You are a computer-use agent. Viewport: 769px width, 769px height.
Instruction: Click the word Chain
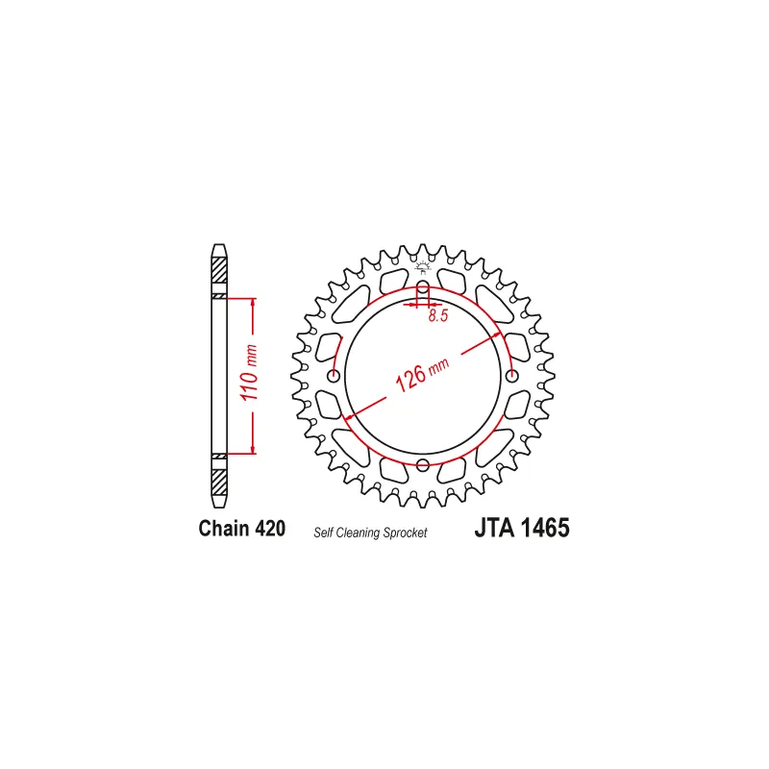224,528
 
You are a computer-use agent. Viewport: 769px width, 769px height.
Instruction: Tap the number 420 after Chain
270,528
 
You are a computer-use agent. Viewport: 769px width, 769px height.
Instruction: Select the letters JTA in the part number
494,528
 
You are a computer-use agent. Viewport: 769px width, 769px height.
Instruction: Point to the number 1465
545,528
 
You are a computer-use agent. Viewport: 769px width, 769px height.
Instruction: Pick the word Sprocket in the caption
406,533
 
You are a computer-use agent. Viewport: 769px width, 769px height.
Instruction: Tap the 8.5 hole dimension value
438,316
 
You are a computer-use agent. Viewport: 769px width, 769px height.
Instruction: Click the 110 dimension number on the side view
249,385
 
